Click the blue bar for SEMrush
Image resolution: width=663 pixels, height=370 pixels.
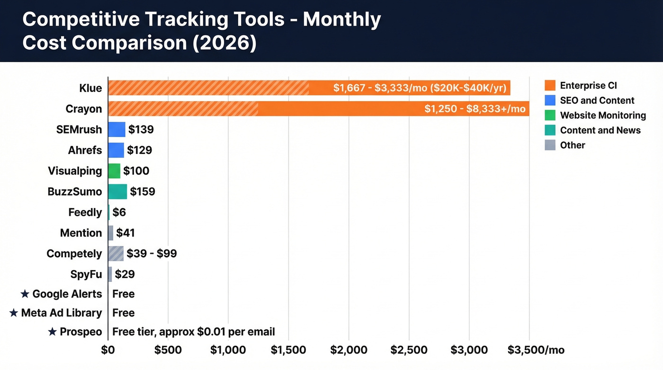pyautogui.click(x=116, y=129)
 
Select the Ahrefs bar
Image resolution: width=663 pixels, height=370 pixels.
pyautogui.click(x=116, y=150)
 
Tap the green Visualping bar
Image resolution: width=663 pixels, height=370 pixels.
pyautogui.click(x=114, y=171)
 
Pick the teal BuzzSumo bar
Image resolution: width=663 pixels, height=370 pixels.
pyautogui.click(x=117, y=191)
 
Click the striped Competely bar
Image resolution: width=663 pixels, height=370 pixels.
pyautogui.click(x=116, y=253)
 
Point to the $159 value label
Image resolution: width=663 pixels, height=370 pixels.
pyautogui.click(x=143, y=191)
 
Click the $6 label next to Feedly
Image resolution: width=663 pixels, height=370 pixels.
pyautogui.click(x=119, y=212)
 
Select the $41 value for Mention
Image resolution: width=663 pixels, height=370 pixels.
pyautogui.click(x=125, y=233)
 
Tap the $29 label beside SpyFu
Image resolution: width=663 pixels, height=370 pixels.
pyautogui.click(x=125, y=274)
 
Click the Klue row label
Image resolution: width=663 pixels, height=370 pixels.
pyautogui.click(x=90, y=88)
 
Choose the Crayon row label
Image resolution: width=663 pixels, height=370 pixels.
pyautogui.click(x=84, y=109)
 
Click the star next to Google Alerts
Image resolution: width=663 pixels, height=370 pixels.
pyautogui.click(x=25, y=294)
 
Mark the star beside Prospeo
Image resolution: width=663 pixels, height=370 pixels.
pyautogui.click(x=53, y=332)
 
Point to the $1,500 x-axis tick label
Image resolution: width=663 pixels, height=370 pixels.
pyautogui.click(x=289, y=350)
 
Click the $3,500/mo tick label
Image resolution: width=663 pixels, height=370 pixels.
pyautogui.click(x=536, y=350)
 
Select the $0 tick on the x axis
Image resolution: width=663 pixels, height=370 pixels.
pyautogui.click(x=108, y=350)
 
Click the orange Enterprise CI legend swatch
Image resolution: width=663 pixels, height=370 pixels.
pyautogui.click(x=550, y=86)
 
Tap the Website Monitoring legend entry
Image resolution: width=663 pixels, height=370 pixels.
pyautogui.click(x=602, y=115)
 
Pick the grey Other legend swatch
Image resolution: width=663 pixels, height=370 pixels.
pyautogui.click(x=550, y=145)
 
